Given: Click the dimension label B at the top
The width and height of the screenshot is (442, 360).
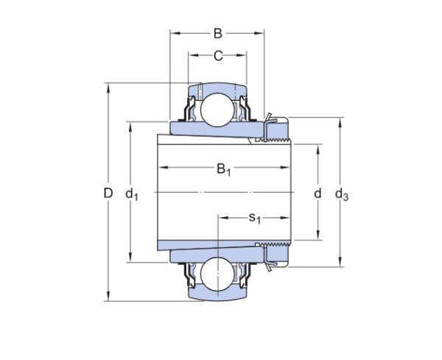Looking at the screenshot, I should coord(217,32).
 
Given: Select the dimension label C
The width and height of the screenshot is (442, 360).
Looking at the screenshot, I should coord(218,55).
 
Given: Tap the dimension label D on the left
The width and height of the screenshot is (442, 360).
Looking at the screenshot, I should coord(108,194).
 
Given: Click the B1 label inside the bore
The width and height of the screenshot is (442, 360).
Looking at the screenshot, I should coord(224,171).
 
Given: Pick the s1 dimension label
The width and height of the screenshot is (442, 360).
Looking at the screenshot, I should coord(255,217).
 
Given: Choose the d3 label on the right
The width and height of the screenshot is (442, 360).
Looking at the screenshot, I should coord(342,194).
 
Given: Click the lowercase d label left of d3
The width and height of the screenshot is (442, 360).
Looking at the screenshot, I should coord(318,194).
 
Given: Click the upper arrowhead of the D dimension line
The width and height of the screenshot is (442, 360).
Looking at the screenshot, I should coord(108,86).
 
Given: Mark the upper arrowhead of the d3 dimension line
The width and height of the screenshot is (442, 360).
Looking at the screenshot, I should coord(340,121).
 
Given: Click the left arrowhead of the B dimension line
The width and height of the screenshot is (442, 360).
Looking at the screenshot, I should coord(174,32).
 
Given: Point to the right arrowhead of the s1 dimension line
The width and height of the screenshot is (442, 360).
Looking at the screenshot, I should coord(288,218).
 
